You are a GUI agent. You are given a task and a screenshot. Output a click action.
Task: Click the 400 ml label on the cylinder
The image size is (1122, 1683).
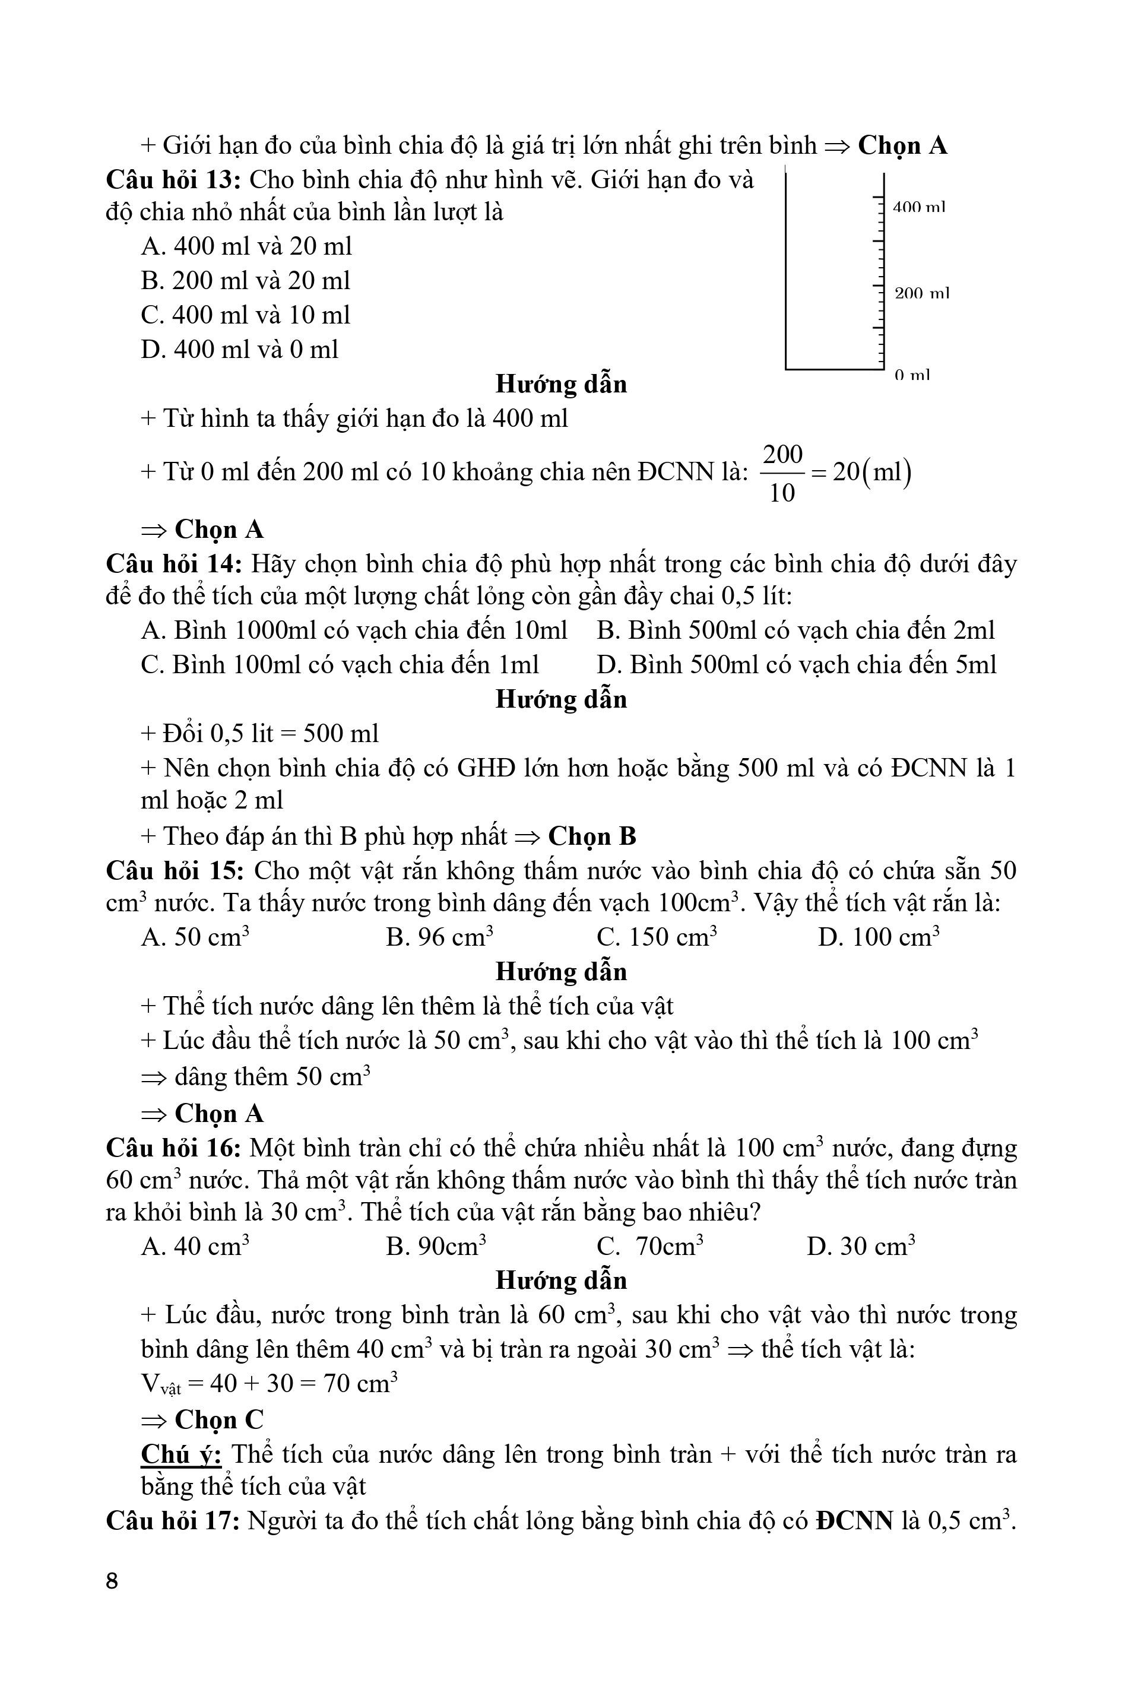tap(919, 208)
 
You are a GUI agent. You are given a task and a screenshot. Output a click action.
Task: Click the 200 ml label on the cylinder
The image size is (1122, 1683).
tap(921, 293)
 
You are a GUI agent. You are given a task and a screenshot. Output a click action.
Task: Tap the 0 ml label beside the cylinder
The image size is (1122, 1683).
tap(912, 375)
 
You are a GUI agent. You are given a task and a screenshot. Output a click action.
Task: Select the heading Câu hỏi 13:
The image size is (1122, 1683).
tap(174, 179)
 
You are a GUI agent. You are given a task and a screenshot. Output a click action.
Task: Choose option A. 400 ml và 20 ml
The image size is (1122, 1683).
tap(247, 247)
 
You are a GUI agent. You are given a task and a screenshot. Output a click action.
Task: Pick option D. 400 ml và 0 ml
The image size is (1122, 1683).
tap(240, 350)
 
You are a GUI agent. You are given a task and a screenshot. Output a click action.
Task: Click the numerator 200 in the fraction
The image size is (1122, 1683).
tap(783, 455)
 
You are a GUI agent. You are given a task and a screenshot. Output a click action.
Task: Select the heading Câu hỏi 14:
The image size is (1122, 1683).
tap(175, 565)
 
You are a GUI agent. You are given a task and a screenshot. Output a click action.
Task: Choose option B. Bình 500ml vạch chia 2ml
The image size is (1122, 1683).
tap(795, 630)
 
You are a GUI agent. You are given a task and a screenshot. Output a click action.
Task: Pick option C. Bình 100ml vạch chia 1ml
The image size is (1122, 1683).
tap(340, 665)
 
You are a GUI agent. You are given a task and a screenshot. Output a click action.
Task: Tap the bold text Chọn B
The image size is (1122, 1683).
tap(592, 836)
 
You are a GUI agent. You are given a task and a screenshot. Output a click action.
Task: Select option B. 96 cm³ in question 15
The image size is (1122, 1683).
tap(439, 937)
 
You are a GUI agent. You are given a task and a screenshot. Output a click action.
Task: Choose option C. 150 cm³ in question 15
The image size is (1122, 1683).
tap(657, 937)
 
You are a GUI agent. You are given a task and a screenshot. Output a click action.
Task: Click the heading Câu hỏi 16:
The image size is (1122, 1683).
tap(174, 1149)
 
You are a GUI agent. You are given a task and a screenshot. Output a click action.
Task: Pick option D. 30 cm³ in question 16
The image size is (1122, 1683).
tap(861, 1247)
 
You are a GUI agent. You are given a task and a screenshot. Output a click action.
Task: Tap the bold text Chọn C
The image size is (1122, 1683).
tap(219, 1419)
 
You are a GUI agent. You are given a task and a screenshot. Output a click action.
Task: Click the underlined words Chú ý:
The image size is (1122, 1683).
tap(181, 1454)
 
